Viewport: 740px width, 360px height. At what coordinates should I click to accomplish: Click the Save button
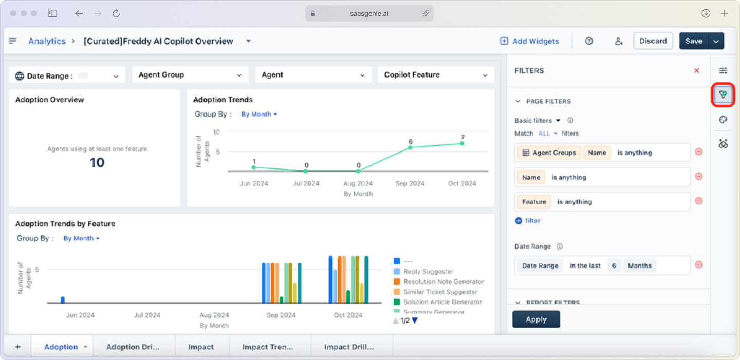click(x=693, y=41)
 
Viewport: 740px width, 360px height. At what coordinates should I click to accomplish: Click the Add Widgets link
click(x=529, y=41)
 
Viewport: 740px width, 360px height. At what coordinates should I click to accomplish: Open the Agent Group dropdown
click(x=190, y=75)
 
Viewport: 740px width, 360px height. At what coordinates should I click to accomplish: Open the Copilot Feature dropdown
click(x=436, y=75)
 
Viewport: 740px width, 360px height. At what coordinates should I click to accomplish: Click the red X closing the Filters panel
click(x=697, y=71)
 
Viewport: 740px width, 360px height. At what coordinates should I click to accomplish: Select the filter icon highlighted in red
click(x=723, y=94)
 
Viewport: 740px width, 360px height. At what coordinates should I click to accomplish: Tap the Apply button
click(x=536, y=319)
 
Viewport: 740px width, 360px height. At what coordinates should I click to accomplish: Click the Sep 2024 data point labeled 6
click(x=410, y=147)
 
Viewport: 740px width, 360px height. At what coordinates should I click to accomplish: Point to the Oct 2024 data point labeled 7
click(x=462, y=143)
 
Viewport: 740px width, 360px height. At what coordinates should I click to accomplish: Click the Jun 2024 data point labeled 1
click(x=254, y=167)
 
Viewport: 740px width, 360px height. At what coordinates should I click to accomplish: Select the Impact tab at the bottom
click(x=201, y=347)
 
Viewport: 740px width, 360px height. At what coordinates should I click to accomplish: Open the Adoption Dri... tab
click(x=133, y=347)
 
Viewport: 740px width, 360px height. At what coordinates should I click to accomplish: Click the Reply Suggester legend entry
click(x=428, y=272)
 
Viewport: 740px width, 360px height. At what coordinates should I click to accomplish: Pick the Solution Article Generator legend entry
click(x=442, y=302)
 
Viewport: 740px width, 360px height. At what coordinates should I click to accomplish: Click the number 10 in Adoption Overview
click(x=97, y=163)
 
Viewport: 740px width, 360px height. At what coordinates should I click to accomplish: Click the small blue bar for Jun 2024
click(x=63, y=300)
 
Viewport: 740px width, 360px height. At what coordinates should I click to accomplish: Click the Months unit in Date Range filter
click(x=639, y=266)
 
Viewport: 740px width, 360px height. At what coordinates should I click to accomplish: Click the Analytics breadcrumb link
click(x=47, y=41)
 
